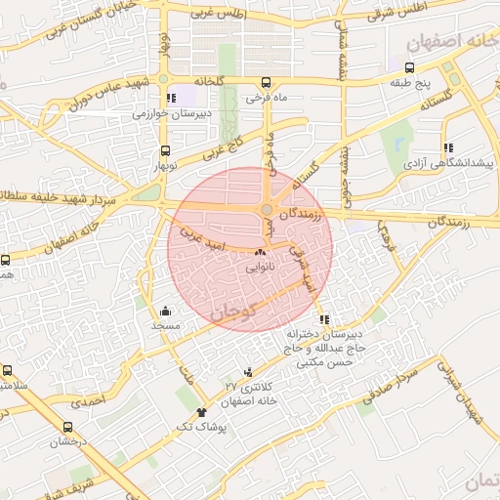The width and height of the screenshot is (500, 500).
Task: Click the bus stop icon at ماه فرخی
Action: (267, 83)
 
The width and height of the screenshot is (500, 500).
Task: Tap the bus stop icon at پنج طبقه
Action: (408, 68)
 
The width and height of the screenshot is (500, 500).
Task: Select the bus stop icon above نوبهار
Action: (164, 151)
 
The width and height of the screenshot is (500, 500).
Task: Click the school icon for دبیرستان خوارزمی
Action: (171, 98)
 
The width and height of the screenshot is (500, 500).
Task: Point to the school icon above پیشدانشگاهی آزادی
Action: (448, 147)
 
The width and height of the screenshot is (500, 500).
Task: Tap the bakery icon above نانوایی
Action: (259, 252)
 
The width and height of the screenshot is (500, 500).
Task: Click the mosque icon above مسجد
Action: (164, 312)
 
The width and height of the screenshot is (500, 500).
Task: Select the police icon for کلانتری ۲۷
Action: (247, 371)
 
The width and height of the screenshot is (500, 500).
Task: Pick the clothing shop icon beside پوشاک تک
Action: (202, 412)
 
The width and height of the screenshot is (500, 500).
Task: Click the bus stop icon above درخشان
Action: (67, 427)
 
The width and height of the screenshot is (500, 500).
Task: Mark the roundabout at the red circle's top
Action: (267, 209)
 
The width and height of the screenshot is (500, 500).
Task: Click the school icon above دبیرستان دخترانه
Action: (324, 319)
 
